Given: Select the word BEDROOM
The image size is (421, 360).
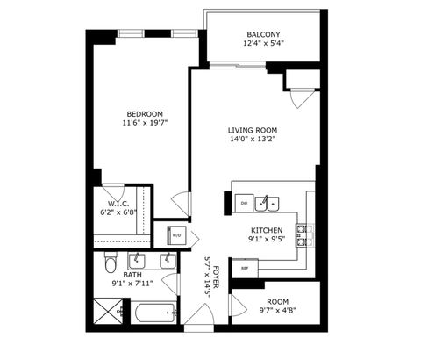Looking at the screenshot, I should click(x=144, y=114).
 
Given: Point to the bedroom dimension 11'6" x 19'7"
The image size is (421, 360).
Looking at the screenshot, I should click(x=144, y=124).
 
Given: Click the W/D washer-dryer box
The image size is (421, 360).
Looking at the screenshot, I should click(x=175, y=234).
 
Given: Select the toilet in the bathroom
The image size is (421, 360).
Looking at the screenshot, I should click(x=110, y=263).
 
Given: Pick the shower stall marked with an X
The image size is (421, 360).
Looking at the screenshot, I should click(x=110, y=312).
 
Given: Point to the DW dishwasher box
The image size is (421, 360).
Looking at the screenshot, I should click(x=245, y=203).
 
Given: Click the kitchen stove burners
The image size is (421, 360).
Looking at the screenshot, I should click(x=303, y=233).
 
